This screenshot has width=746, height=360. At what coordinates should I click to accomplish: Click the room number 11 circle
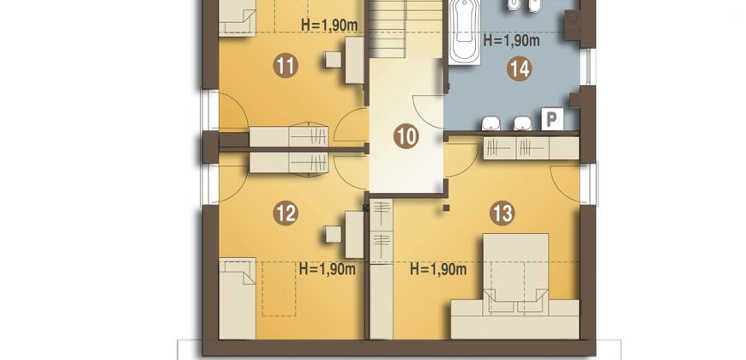tap(286, 66)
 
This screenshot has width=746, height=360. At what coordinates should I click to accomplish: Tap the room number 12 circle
tap(286, 213)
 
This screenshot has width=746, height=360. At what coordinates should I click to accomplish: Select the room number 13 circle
tap(502, 213)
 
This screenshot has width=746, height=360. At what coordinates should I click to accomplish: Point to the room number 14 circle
tap(519, 69)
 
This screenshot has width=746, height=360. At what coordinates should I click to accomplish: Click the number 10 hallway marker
tap(406, 137)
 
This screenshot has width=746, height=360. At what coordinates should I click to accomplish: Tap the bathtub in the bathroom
tap(464, 33)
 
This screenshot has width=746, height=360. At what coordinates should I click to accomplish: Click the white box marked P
tap(552, 119)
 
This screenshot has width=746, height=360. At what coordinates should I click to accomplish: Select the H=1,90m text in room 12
tap(328, 269)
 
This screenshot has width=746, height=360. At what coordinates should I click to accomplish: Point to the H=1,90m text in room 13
tap(438, 270)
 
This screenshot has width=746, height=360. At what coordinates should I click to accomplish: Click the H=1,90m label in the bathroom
tap(511, 40)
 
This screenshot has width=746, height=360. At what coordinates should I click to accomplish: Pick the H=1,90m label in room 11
tap(329, 25)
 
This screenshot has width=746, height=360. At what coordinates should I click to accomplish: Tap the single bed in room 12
tap(238, 298)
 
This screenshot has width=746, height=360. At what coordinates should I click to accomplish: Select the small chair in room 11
tap(333, 59)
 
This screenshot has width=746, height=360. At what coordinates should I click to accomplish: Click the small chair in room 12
tap(333, 234)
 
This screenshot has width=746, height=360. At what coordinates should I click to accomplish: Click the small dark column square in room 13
tap(446, 207)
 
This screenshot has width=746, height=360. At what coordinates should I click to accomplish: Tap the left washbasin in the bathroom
tap(490, 123)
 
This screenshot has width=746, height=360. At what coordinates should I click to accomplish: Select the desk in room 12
tap(354, 235)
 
